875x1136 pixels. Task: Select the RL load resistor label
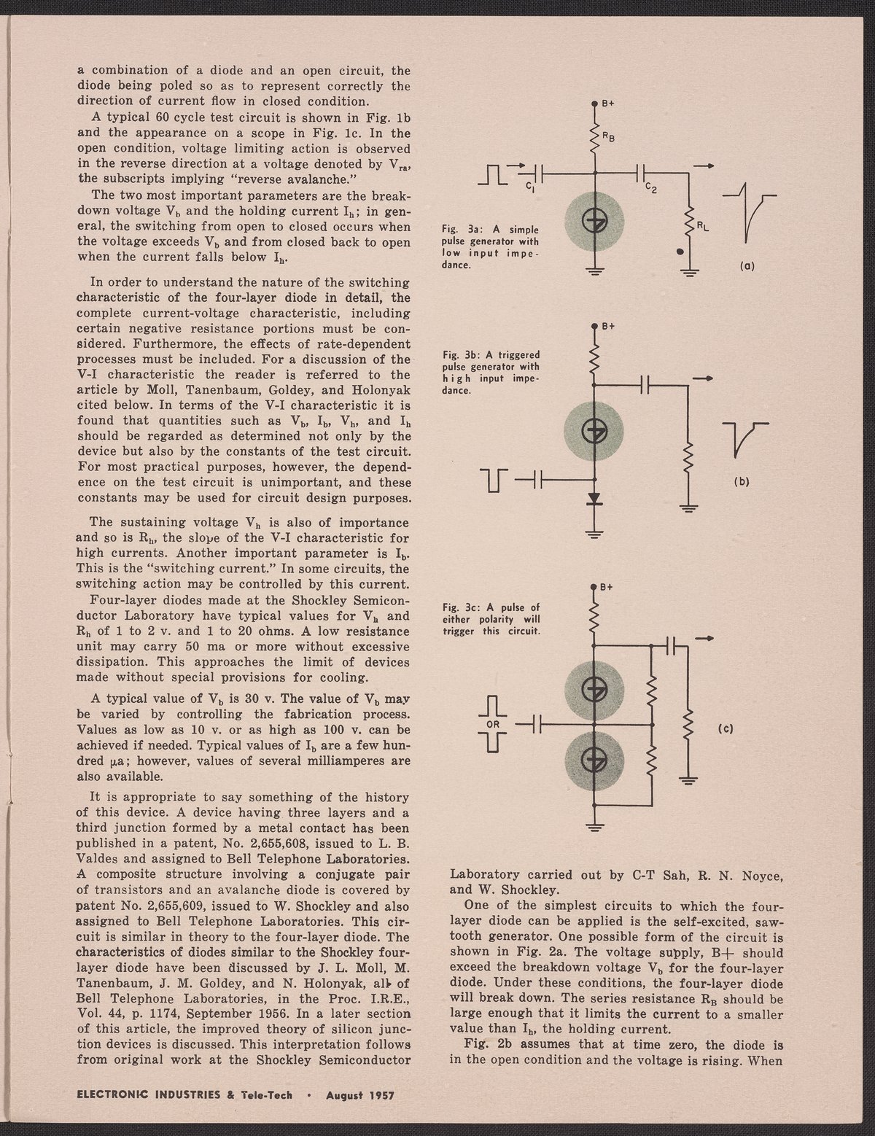click(701, 226)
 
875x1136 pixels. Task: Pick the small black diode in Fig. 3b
click(595, 499)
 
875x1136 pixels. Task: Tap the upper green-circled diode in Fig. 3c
click(595, 685)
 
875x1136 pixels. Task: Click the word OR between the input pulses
click(492, 725)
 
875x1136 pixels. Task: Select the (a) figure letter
click(747, 266)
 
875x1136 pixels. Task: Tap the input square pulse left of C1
click(494, 174)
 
